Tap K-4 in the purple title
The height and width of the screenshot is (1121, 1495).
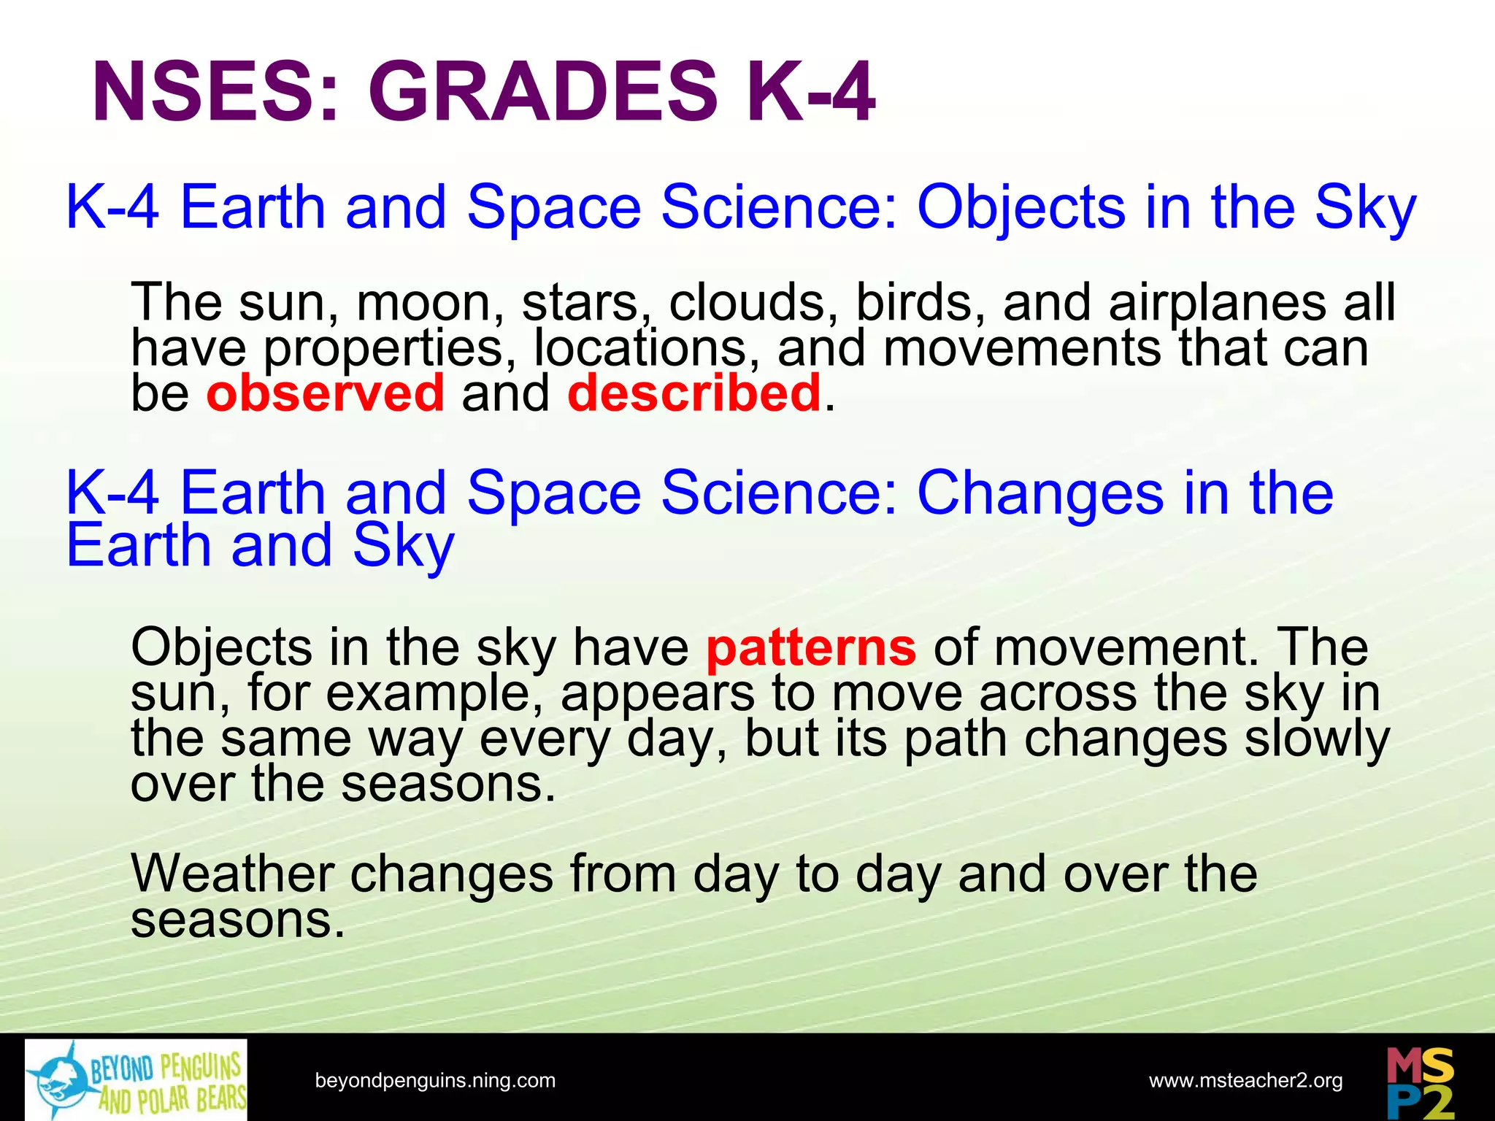(x=810, y=93)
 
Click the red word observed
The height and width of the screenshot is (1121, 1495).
(x=325, y=393)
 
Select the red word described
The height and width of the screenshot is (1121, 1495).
(x=693, y=393)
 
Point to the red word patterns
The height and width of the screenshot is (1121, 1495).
(x=810, y=647)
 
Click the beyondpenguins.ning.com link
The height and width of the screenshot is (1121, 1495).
(x=435, y=1080)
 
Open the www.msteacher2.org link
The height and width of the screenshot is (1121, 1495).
(x=1245, y=1080)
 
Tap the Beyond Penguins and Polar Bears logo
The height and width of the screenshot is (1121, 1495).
(x=136, y=1080)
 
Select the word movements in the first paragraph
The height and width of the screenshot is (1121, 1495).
(x=1022, y=348)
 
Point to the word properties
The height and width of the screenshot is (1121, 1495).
(x=383, y=350)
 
